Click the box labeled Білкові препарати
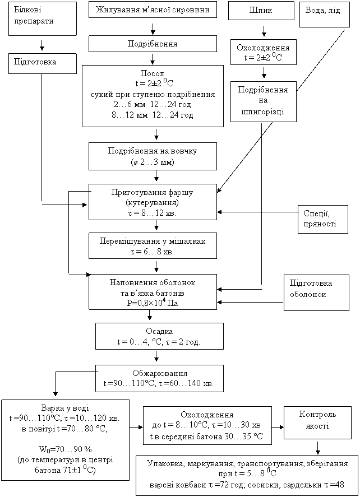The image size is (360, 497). click(x=42, y=19)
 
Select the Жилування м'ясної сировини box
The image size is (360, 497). click(x=153, y=10)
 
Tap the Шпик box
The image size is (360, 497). click(x=261, y=11)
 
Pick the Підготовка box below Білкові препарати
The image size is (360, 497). click(x=42, y=63)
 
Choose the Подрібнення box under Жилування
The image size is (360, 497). click(x=153, y=43)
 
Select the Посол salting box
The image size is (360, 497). click(x=153, y=95)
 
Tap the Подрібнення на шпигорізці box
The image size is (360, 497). click(x=263, y=101)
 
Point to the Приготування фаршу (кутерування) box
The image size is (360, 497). click(x=153, y=202)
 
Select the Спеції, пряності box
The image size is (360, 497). click(x=322, y=219)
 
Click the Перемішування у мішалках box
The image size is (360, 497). click(x=153, y=246)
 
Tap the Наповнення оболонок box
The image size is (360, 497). click(x=153, y=291)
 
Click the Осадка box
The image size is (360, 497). click(x=159, y=336)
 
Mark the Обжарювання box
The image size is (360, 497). click(x=159, y=379)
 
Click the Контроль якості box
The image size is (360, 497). click(x=317, y=423)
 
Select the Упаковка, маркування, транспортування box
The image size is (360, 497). click(x=247, y=475)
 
